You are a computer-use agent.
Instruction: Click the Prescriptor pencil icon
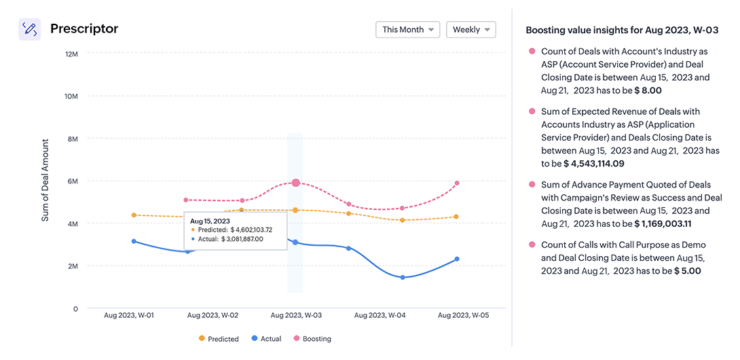click(29, 29)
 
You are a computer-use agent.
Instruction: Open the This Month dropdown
click(407, 30)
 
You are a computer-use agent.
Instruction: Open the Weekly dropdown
click(470, 30)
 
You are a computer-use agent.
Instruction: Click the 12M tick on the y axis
click(71, 54)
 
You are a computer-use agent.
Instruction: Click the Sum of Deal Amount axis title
click(45, 180)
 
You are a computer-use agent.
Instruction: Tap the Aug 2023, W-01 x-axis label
click(129, 315)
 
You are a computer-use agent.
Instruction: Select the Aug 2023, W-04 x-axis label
click(380, 315)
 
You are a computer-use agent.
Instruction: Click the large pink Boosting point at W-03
click(295, 183)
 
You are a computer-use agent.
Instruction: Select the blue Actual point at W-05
click(457, 259)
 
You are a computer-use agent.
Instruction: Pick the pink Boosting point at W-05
click(457, 183)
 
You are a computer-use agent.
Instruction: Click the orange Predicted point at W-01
click(134, 215)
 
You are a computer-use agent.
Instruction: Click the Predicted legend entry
click(218, 338)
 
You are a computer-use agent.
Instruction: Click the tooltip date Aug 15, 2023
click(210, 221)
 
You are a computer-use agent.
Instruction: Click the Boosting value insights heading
click(623, 31)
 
